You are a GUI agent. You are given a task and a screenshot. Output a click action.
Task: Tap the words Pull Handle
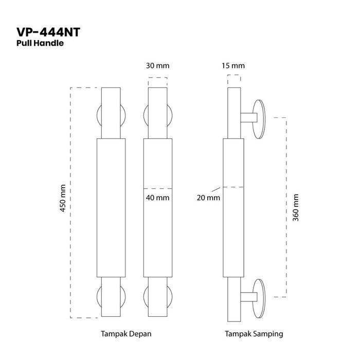pyautogui.click(x=40, y=44)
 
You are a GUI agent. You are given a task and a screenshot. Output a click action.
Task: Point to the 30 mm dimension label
pyautogui.click(x=157, y=66)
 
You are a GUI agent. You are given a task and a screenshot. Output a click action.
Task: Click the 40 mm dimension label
pyautogui.click(x=157, y=197)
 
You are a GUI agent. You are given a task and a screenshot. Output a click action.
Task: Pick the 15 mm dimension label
pyautogui.click(x=233, y=66)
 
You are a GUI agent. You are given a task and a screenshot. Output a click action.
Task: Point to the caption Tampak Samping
pyautogui.click(x=254, y=334)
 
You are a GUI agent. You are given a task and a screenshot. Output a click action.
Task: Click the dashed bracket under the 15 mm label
pyautogui.click(x=233, y=78)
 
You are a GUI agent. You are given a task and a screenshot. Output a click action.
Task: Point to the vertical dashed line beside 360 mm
pyautogui.click(x=285, y=207)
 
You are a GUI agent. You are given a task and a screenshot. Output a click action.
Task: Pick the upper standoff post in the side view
pyautogui.click(x=246, y=118)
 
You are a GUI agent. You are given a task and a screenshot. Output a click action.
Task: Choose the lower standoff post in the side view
pyautogui.click(x=246, y=297)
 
